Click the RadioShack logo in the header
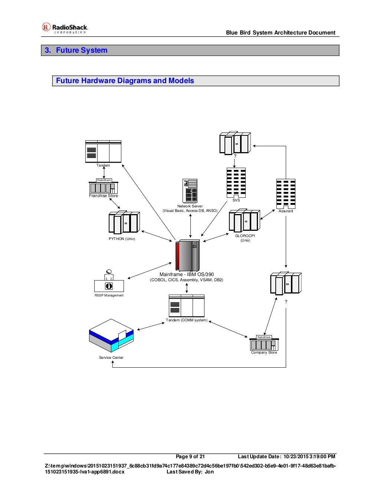[65, 28]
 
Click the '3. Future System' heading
[76, 50]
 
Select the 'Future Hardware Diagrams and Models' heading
[125, 81]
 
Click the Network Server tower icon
[190, 191]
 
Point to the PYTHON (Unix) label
[122, 239]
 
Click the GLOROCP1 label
[245, 236]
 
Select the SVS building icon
[236, 183]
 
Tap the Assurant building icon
[286, 193]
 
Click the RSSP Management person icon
[109, 281]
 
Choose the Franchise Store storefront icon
[104, 187]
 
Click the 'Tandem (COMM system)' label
[187, 320]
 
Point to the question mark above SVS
[235, 156]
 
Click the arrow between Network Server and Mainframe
[190, 225]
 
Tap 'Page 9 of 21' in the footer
[190, 457]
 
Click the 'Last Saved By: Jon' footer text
[190, 472]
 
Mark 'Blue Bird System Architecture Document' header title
[281, 33]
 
